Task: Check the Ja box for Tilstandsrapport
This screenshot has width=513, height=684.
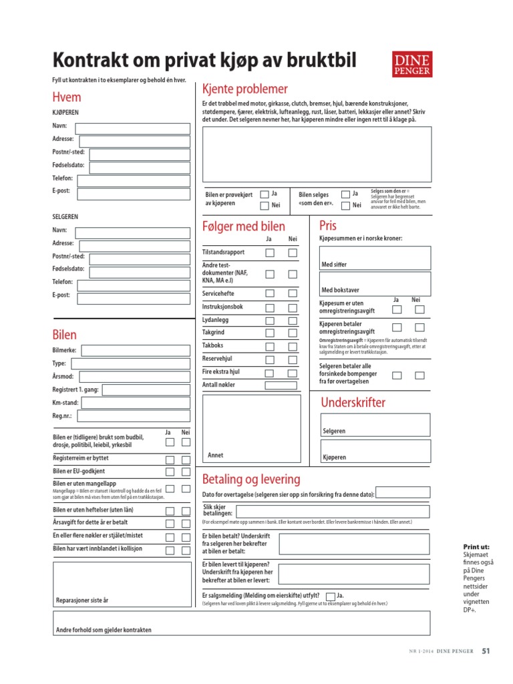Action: (x=270, y=253)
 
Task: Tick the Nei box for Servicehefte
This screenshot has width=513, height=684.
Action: (x=293, y=293)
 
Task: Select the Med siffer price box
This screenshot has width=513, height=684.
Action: (x=375, y=258)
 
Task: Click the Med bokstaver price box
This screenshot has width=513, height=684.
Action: (x=375, y=283)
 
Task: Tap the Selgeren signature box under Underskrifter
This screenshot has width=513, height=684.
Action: (x=375, y=425)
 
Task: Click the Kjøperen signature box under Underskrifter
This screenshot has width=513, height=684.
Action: (x=375, y=452)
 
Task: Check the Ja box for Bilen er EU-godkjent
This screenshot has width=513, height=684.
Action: (x=170, y=472)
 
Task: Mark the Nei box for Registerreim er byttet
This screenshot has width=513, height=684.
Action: (x=186, y=460)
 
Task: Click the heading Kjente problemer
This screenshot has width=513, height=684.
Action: (x=244, y=90)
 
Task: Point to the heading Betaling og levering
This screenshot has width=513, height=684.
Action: (x=250, y=480)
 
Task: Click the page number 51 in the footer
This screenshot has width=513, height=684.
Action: (x=486, y=651)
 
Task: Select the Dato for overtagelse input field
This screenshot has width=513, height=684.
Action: (x=403, y=494)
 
